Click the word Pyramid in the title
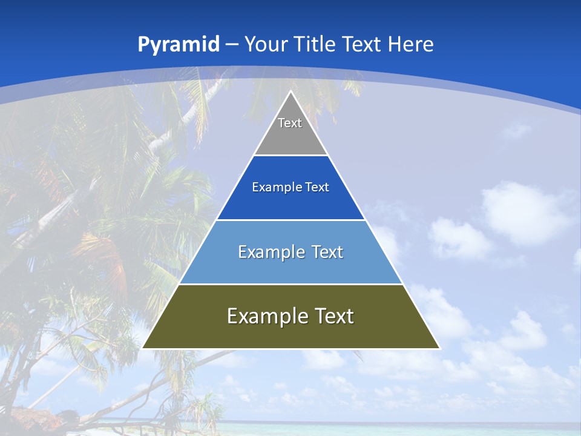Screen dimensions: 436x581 pos(179,44)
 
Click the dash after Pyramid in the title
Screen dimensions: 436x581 pos(232,44)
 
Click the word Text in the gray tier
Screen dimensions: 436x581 pos(290,123)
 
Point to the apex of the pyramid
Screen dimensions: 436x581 pos(290,91)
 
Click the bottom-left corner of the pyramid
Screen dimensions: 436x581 pos(143,348)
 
